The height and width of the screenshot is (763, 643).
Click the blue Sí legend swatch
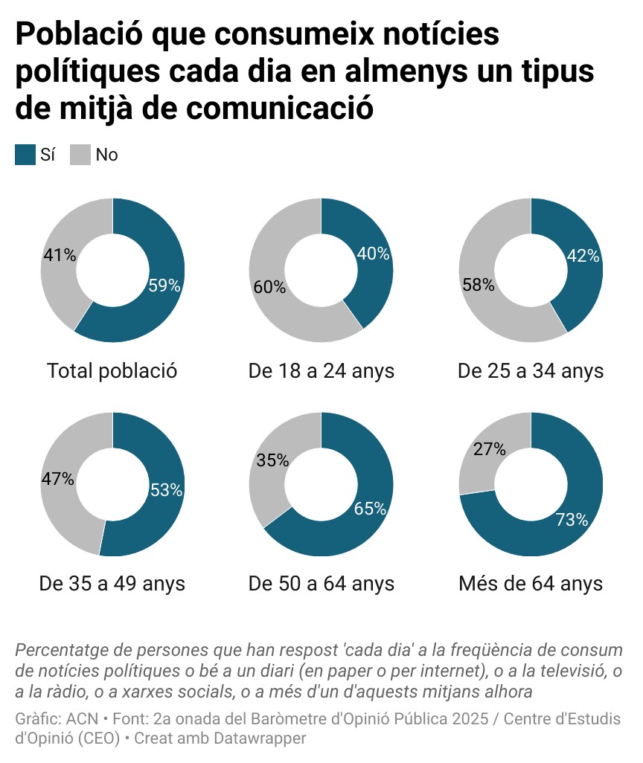(x=25, y=155)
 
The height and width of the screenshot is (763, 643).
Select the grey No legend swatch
(x=80, y=155)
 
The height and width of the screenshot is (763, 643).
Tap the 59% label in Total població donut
(x=164, y=286)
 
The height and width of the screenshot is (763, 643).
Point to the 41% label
(x=60, y=255)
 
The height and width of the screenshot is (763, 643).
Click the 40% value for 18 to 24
(x=374, y=254)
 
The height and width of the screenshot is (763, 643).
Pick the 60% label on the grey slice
(x=269, y=287)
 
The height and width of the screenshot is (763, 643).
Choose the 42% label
(x=583, y=256)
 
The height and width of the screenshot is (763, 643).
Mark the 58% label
(x=478, y=285)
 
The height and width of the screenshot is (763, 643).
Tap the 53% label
(x=166, y=490)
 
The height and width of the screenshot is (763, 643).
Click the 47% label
(x=57, y=479)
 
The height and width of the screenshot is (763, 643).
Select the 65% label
(x=370, y=509)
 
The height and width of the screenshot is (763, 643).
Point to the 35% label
(x=272, y=460)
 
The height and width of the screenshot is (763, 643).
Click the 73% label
(x=572, y=520)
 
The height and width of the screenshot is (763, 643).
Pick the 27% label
(x=490, y=449)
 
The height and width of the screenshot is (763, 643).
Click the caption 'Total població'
(x=112, y=370)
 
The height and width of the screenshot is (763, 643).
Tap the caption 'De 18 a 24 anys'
(x=321, y=370)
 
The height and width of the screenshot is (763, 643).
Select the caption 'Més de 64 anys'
(x=531, y=583)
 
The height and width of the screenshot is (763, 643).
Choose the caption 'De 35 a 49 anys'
(x=112, y=583)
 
